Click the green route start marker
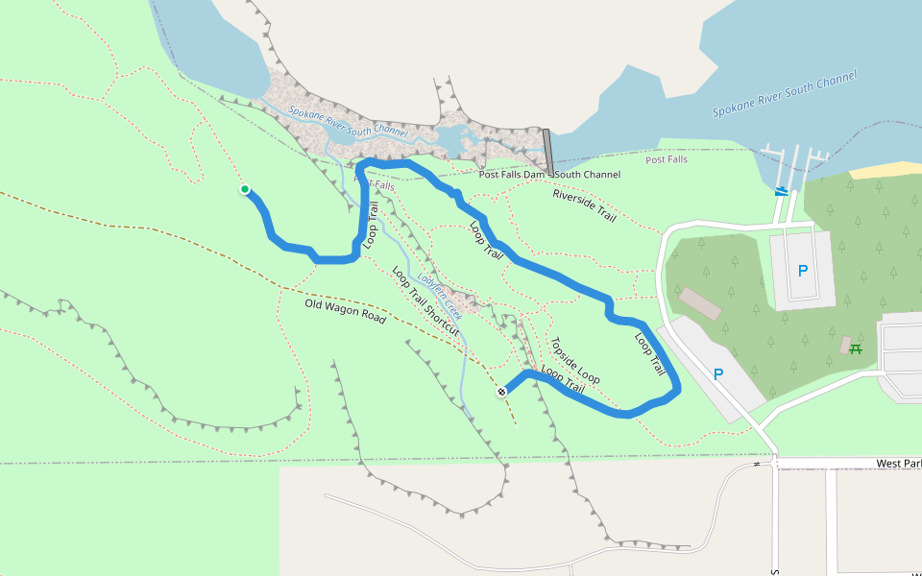click(245, 189)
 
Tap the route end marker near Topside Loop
click(501, 392)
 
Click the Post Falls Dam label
click(512, 175)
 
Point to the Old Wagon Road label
click(345, 311)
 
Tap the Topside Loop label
click(574, 360)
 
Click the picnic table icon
click(855, 348)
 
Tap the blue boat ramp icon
click(784, 190)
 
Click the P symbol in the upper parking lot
click(802, 270)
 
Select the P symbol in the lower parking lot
click(716, 374)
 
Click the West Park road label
click(898, 464)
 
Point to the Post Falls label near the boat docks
click(667, 159)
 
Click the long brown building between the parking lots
click(700, 303)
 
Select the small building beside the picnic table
click(845, 343)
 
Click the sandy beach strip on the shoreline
click(885, 170)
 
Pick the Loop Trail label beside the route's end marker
click(563, 379)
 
